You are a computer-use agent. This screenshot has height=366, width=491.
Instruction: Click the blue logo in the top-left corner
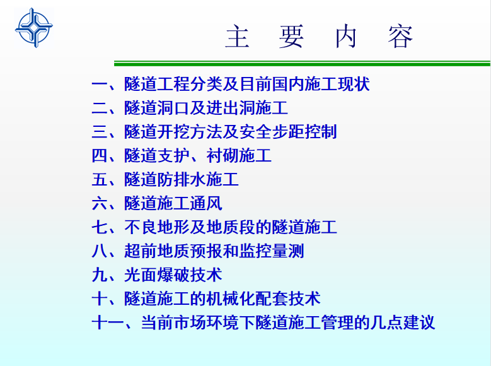[x=34, y=28]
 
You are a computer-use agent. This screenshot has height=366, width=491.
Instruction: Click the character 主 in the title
[x=238, y=37]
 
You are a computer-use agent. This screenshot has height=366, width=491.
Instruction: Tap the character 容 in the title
[x=400, y=37]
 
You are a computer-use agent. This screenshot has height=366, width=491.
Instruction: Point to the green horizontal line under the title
[x=302, y=63]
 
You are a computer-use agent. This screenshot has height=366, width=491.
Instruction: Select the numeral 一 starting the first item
[x=100, y=84]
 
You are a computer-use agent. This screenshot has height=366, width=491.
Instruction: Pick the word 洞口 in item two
[x=173, y=108]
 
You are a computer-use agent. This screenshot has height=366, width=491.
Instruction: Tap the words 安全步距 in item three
[x=272, y=132]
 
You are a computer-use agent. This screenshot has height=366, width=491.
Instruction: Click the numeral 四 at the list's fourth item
[x=100, y=156]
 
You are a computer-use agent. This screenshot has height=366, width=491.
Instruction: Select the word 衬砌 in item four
[x=222, y=156]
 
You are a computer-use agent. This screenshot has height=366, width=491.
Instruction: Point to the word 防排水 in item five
[x=182, y=179]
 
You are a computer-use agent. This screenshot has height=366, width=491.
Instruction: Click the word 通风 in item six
[x=206, y=203]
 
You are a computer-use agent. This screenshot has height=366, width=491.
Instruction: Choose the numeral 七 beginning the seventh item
[x=100, y=227]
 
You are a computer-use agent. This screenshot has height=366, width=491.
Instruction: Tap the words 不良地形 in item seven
[x=157, y=227]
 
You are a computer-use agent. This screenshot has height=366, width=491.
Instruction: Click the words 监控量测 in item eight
[x=272, y=251]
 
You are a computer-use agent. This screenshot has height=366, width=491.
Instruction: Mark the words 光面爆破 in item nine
[x=157, y=274]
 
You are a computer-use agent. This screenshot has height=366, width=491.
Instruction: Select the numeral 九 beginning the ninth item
[x=100, y=274]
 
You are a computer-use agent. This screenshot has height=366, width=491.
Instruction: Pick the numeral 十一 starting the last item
[x=108, y=322]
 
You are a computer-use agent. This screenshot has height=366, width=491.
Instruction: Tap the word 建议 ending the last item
[x=419, y=322]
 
